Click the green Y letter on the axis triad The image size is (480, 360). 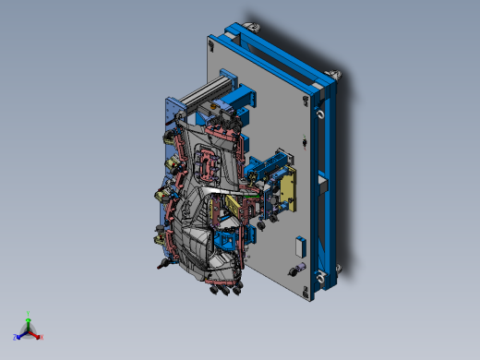29,313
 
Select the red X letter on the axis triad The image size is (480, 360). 42,338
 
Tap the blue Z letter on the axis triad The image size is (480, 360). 16,337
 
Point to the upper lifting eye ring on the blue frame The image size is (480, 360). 319,116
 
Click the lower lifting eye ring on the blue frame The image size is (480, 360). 318,274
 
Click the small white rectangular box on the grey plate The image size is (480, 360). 298,246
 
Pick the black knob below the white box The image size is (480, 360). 293,270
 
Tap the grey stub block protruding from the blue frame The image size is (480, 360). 323,184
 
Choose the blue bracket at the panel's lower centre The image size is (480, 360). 224,242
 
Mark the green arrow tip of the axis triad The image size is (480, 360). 29,319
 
